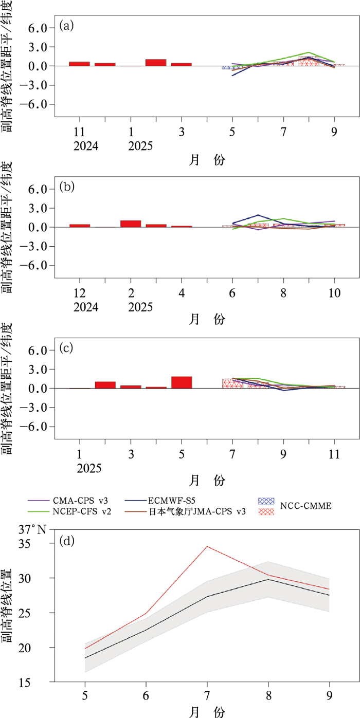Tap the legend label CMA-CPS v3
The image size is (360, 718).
pos(78,499)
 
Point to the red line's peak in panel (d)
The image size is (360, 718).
pos(207,546)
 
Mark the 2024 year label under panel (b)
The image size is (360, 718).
pos(79,307)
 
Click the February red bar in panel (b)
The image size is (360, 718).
pos(131,224)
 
